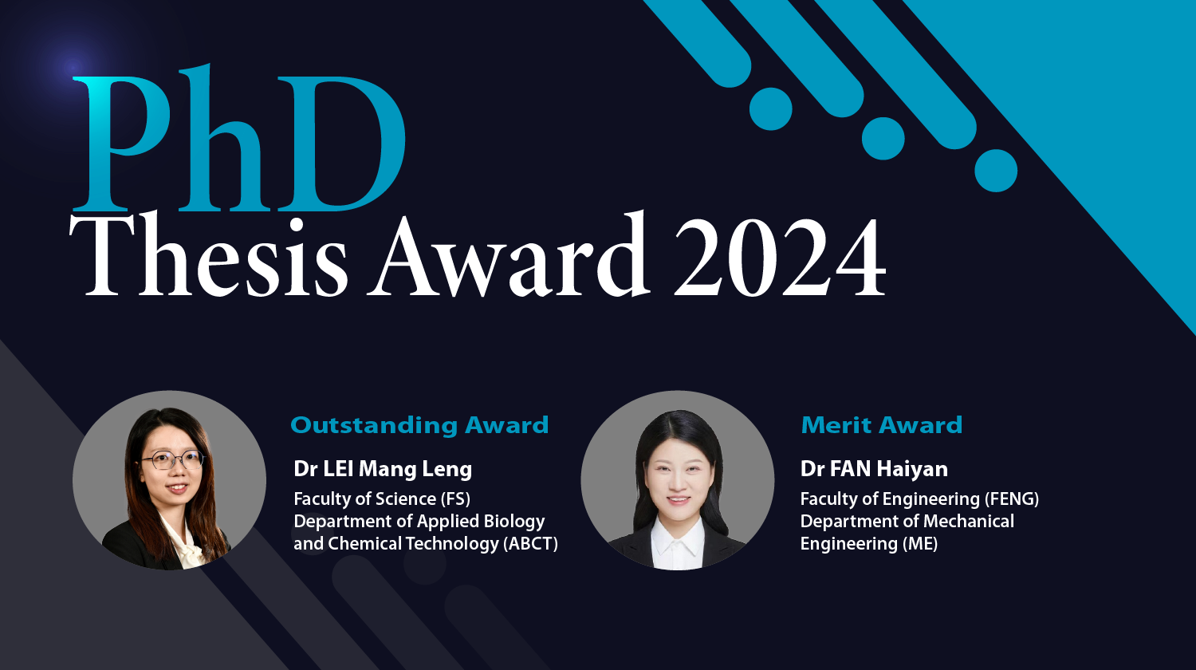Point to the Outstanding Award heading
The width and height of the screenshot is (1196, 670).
(419, 425)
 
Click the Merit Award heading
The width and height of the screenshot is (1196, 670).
(881, 425)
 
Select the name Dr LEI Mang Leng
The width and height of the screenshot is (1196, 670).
(383, 469)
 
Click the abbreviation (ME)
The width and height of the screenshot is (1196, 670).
(919, 544)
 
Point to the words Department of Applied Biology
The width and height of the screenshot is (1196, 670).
(419, 522)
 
